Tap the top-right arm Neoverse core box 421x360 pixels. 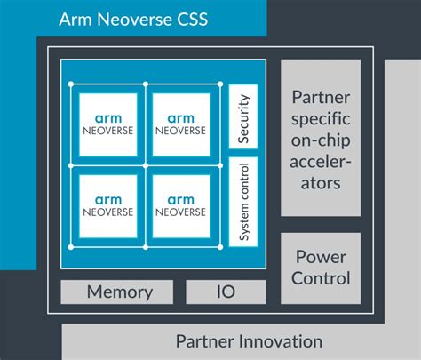180,123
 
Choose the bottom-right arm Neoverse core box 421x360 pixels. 180,204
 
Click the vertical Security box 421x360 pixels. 243,116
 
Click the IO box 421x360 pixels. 225,292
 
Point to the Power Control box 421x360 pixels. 321,268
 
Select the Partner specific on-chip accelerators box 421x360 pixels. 321,138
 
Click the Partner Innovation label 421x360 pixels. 248,341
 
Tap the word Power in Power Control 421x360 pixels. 321,257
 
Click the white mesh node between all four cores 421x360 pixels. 144,164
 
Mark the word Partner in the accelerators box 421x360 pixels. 321,96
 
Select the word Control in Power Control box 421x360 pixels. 321,278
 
